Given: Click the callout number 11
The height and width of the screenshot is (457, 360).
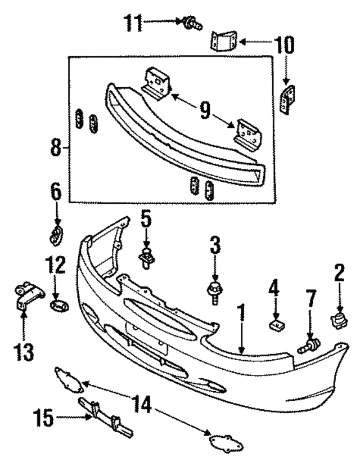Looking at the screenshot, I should [134, 24].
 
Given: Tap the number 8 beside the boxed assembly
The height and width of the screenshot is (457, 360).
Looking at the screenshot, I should [55, 147].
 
